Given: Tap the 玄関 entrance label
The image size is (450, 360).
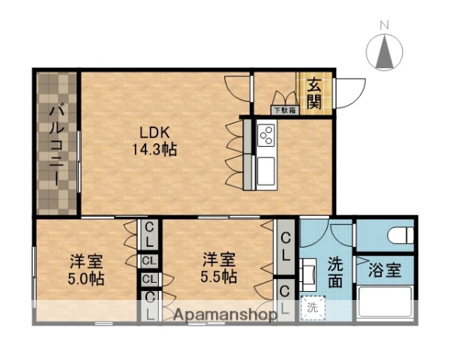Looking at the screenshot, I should pyautogui.click(x=313, y=93).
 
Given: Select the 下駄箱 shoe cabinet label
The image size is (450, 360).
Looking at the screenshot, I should pyautogui.click(x=283, y=109).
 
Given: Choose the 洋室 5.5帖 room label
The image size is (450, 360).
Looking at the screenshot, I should pyautogui.click(x=219, y=268).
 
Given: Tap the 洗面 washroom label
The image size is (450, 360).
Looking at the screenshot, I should pyautogui.click(x=336, y=272).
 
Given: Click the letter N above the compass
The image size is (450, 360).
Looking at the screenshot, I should pyautogui.click(x=385, y=25).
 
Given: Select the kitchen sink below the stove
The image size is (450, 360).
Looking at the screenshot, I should pyautogui.click(x=267, y=172).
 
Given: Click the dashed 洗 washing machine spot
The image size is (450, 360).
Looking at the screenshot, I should pyautogui.click(x=313, y=307).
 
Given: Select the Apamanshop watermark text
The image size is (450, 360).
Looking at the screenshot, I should pyautogui.click(x=225, y=314).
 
